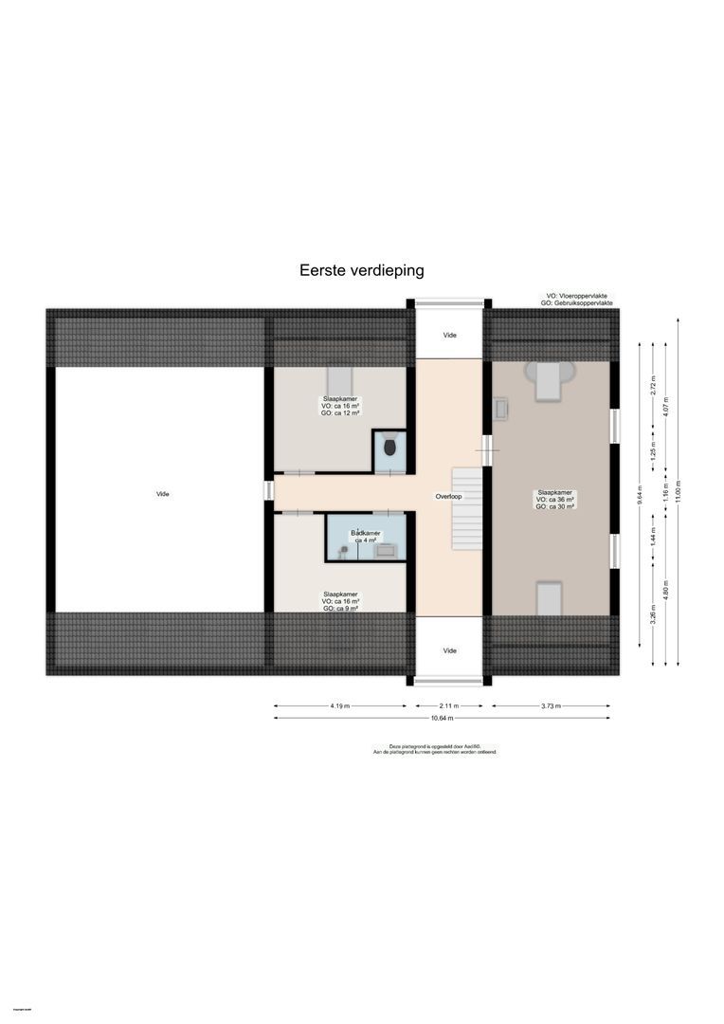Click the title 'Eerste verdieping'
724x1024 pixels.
click(x=361, y=270)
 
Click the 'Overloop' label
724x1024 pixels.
click(x=448, y=496)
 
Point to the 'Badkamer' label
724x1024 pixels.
click(x=366, y=534)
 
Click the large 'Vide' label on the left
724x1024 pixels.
click(x=164, y=493)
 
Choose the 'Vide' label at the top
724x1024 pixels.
click(x=450, y=336)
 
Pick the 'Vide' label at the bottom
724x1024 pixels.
click(x=450, y=650)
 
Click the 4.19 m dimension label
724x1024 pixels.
click(x=340, y=705)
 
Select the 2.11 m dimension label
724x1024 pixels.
click(x=450, y=705)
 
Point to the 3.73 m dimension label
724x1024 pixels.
click(x=550, y=705)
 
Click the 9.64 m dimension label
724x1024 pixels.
click(x=641, y=493)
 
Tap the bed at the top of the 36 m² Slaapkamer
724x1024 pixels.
click(x=549, y=379)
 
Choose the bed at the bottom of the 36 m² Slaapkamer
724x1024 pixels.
click(x=549, y=598)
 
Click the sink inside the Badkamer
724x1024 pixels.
click(x=385, y=548)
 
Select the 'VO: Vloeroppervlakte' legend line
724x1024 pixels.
click(x=578, y=296)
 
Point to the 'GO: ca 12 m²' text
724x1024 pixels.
click(x=340, y=413)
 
